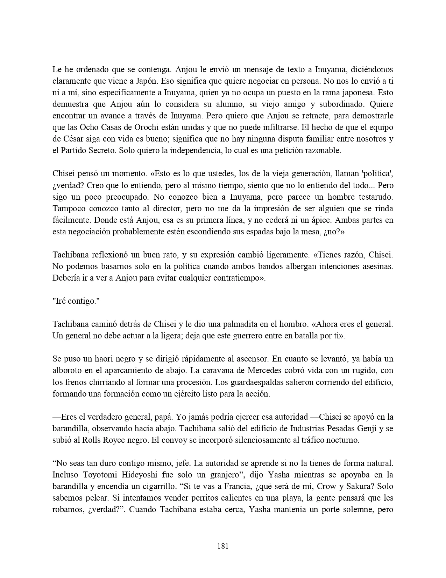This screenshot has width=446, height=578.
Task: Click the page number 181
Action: (x=223, y=546)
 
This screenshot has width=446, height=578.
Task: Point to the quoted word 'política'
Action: (x=379, y=174)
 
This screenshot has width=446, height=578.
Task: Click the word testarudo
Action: (x=376, y=197)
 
